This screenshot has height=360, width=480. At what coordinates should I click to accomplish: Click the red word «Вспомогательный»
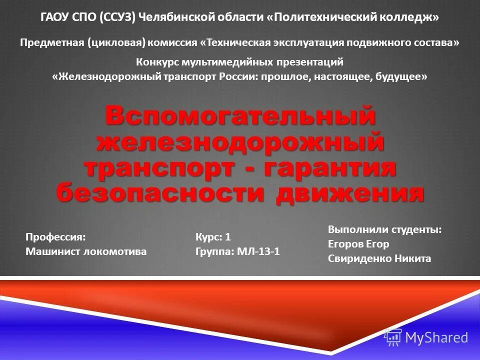point(239,116)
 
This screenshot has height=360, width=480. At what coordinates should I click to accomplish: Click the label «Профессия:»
point(55,237)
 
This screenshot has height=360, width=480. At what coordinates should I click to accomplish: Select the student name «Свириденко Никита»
point(379,259)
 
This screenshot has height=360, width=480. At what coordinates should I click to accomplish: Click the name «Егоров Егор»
point(358,244)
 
